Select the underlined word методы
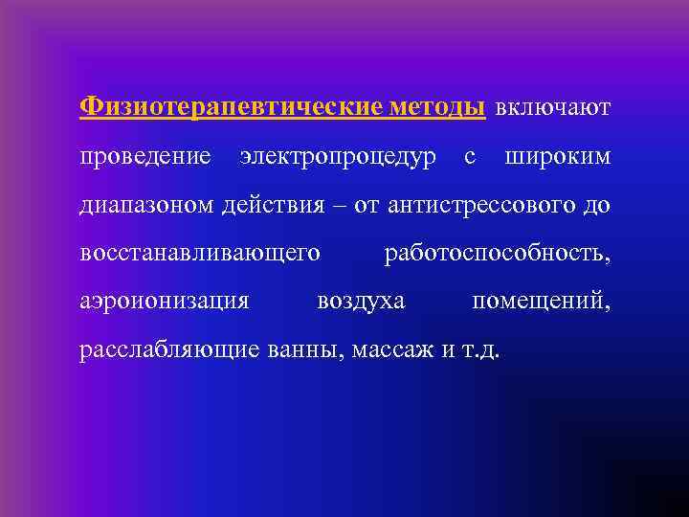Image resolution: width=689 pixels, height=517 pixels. coord(437,106)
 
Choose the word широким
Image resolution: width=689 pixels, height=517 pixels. coord(556,155)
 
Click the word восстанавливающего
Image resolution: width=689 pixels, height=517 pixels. coord(199,253)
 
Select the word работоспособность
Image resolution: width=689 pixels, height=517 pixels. coord(496,253)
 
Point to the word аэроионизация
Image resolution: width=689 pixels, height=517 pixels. coord(165,302)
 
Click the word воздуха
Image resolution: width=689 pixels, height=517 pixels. coord(361,302)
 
